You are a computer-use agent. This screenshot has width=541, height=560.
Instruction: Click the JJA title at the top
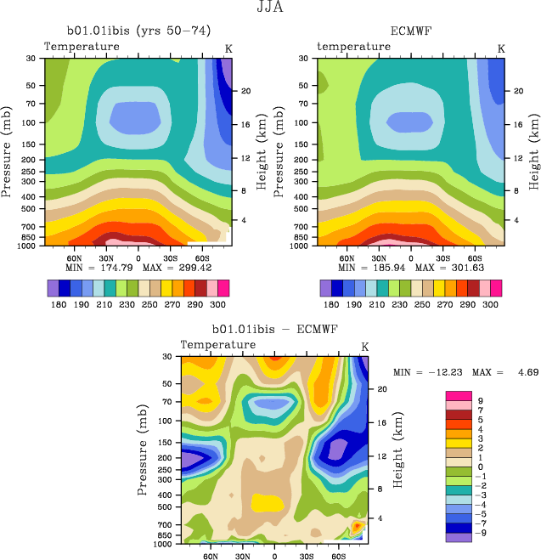tap(270, 8)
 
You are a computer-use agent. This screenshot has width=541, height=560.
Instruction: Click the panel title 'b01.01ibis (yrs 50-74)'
tap(135, 32)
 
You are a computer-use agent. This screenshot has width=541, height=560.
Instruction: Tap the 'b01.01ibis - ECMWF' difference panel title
tap(274, 329)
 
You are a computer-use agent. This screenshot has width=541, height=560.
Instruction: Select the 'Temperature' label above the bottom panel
tap(218, 344)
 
